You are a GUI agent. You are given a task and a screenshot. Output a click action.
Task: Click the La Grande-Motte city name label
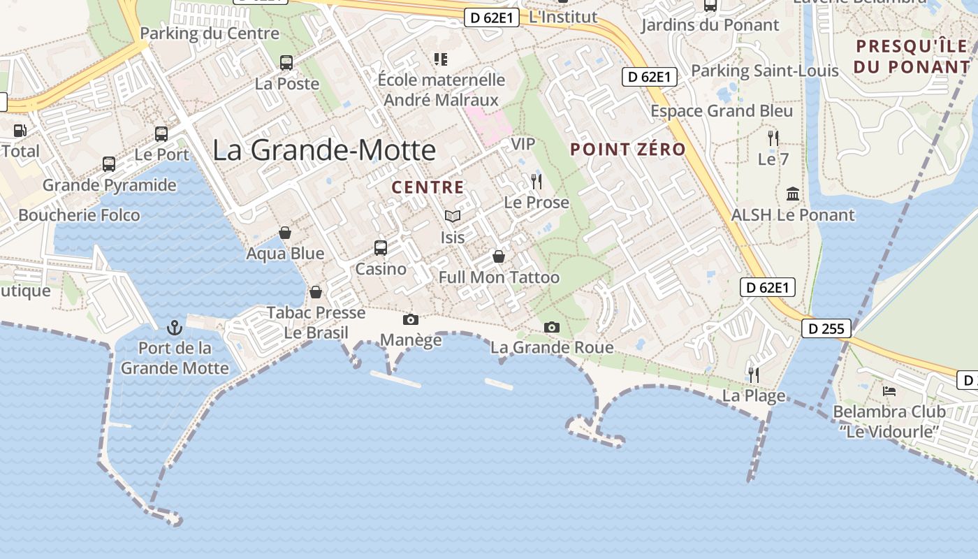coord(324,150)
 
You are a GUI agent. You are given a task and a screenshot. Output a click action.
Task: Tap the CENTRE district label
coord(428,187)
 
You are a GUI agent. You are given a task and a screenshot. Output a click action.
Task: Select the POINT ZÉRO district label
coord(628,149)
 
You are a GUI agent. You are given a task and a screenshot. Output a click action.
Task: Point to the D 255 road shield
coord(826,328)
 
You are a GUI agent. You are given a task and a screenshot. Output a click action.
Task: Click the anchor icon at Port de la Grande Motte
coord(175,327)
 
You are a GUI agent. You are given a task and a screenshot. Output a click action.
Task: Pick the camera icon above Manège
coord(411,320)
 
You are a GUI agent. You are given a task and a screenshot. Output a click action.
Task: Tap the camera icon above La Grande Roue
coord(552,327)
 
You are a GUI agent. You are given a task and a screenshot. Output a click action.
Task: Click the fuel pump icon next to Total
coord(20,130)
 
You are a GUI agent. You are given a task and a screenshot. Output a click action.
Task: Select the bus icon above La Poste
coord(286,63)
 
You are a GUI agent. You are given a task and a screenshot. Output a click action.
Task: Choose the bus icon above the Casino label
coord(381,248)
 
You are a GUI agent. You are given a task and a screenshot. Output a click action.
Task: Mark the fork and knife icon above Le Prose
coord(537,182)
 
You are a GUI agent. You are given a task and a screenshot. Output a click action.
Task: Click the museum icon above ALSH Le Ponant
coord(793,194)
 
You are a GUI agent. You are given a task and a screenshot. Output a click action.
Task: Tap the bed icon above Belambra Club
coord(889,391)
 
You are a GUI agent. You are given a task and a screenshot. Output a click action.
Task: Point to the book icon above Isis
coord(453,217)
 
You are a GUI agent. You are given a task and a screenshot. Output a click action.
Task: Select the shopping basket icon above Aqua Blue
coord(285,233)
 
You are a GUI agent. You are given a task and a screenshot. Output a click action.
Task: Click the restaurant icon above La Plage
coord(753,375)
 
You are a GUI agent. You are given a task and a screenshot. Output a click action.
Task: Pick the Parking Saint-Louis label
coord(764,71)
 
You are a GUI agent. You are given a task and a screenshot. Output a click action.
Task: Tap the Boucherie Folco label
coord(79,215)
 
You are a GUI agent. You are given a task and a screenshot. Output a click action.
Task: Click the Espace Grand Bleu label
coord(722,111)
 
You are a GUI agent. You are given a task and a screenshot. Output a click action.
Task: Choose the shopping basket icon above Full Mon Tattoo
coord(499,256)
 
